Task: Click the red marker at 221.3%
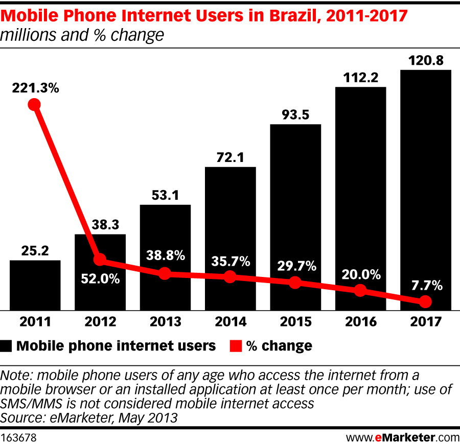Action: [34, 105]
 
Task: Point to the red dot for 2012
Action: [100, 260]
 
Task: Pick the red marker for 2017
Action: [425, 302]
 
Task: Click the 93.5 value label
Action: [295, 115]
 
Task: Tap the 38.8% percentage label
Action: [165, 256]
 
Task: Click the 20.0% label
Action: [361, 274]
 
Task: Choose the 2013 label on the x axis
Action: [165, 322]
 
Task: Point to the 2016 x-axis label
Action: [360, 322]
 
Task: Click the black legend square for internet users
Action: [7, 346]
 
